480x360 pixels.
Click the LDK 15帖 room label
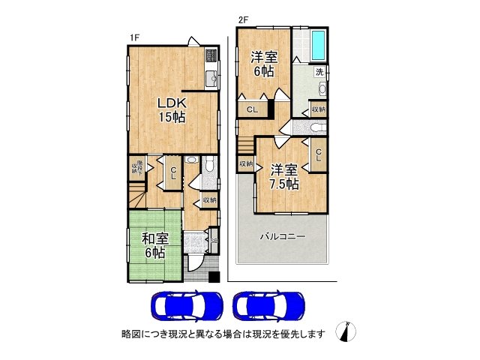[171, 109]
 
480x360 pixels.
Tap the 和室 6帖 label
[154, 245]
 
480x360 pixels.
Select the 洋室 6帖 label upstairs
[263, 63]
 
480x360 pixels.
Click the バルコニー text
[282, 236]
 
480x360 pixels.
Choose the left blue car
[187, 305]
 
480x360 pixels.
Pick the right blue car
[269, 305]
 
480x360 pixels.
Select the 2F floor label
[242, 19]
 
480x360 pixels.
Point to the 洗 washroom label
[319, 72]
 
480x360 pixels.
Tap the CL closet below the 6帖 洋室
[252, 109]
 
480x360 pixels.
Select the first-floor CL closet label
[172, 173]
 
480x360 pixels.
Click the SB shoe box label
[214, 240]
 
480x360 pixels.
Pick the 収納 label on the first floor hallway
[209, 199]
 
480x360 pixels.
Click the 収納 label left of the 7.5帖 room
[246, 163]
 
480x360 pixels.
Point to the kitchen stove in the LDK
[210, 55]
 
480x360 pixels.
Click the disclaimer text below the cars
[223, 333]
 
